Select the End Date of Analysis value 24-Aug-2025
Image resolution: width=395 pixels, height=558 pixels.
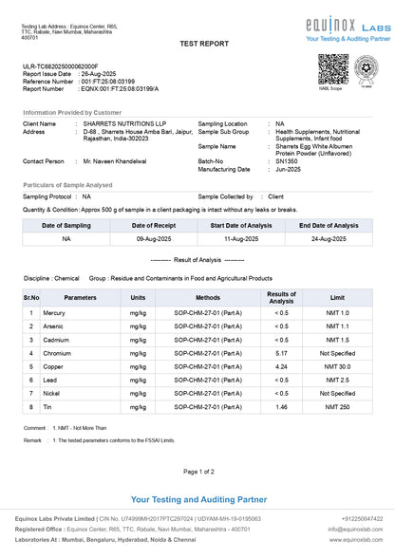coord(329,240)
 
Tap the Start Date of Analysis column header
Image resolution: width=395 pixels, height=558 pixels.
coord(239,226)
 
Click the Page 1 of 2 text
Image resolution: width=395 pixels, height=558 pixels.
coord(197,471)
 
